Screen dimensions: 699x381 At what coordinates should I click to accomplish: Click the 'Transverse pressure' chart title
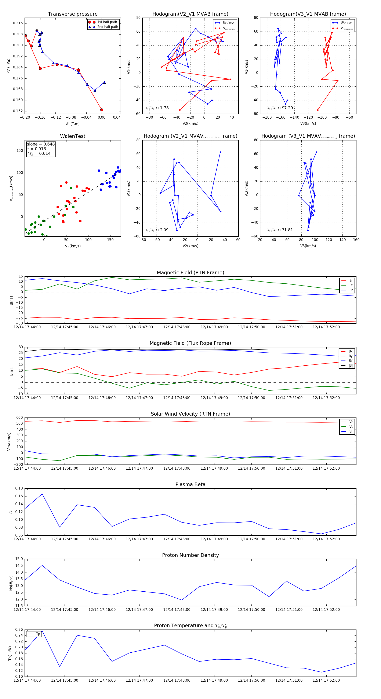[x=73, y=14]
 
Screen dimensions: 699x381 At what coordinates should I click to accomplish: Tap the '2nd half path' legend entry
[x=107, y=27]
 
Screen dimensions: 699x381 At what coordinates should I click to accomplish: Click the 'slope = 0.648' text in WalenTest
[x=41, y=144]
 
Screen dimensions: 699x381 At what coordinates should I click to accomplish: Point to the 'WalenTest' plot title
[x=73, y=136]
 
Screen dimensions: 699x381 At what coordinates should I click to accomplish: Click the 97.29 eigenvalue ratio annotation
[x=287, y=108]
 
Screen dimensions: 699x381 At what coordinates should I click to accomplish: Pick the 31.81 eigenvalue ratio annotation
[x=287, y=230]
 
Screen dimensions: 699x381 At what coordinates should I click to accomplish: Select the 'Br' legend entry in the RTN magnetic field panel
[x=351, y=281]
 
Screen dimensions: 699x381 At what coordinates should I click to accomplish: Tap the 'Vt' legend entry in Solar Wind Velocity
[x=351, y=427]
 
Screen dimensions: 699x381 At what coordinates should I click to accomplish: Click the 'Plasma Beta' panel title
[x=190, y=484]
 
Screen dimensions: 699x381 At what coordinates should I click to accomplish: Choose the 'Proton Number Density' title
[x=190, y=555]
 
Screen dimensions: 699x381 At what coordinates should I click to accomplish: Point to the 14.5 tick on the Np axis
[x=19, y=566]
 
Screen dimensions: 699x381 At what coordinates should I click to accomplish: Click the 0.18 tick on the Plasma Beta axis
[x=19, y=488]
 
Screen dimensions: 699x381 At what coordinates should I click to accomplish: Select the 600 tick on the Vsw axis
[x=19, y=418]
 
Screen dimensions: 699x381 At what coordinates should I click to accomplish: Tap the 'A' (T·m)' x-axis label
[x=73, y=124]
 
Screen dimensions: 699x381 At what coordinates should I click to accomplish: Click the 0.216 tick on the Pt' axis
[x=18, y=23]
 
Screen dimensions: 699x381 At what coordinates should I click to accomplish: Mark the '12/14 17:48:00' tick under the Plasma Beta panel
[x=177, y=539]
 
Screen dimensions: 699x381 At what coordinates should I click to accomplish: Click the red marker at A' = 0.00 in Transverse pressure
[x=102, y=110]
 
